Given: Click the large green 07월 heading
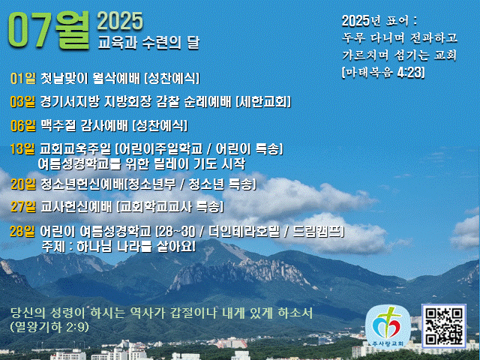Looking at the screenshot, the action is pos(49,30).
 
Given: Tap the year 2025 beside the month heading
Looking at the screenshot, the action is pos(120,22).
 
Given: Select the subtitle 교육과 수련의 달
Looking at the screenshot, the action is pos(148,43).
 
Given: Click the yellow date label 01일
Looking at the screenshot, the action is pos(23,78).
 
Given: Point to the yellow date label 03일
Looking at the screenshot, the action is pos(22,102).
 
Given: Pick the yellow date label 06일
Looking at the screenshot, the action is pos(23,125).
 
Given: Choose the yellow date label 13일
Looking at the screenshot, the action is pos(22,149).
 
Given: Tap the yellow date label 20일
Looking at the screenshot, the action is pos(23,184).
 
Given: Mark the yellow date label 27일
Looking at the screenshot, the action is pos(23,207).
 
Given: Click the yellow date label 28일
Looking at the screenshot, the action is pos(22,231).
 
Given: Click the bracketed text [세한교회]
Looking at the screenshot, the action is pos(263,102).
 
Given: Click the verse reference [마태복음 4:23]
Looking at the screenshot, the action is pos(383,73).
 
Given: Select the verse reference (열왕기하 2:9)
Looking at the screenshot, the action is pos(49,327).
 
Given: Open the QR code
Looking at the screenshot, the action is pos(444,326).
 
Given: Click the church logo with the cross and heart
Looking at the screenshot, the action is pos(388,327).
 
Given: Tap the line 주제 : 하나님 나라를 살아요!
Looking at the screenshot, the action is pos(118,247).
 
